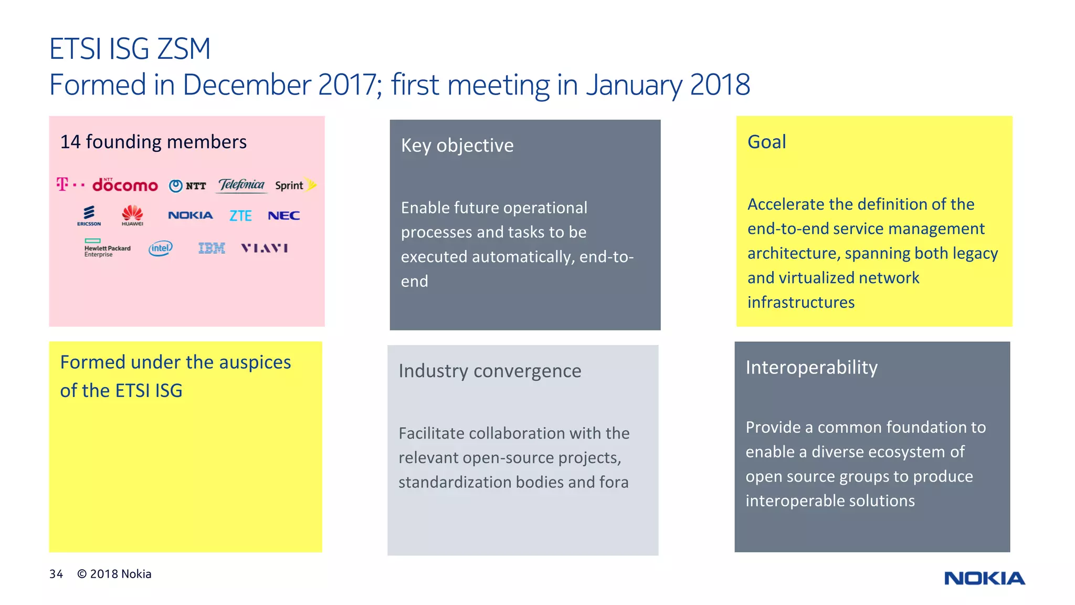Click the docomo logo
tap(125, 185)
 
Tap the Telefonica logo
tap(241, 185)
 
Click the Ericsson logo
tap(89, 215)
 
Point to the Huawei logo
tap(132, 215)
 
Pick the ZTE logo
tap(240, 215)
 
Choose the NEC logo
tap(283, 215)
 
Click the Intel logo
tap(160, 248)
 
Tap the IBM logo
tap(212, 248)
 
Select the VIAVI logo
tap(265, 248)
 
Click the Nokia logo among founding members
tap(190, 215)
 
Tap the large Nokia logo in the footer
tap(984, 578)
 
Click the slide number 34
tap(56, 574)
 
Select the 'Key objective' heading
tap(457, 145)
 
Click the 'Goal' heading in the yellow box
tap(766, 142)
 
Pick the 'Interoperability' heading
tap(811, 368)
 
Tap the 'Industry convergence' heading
tap(490, 371)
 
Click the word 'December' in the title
tap(247, 85)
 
